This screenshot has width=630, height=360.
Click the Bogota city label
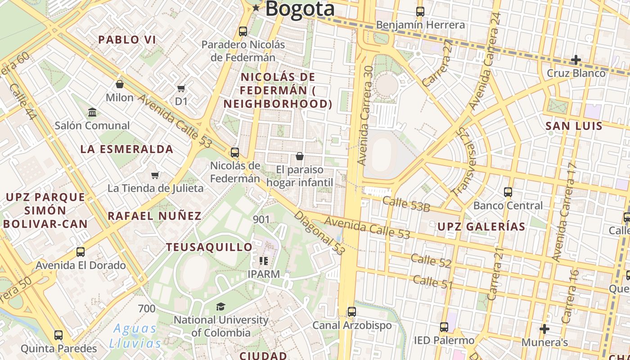300,9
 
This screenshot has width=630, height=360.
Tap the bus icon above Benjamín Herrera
420,12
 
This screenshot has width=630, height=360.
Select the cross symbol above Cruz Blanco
576,59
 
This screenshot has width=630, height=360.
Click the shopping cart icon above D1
181,88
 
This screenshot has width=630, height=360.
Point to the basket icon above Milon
120,84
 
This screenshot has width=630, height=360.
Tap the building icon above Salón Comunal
92,112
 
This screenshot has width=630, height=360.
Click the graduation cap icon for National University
220,307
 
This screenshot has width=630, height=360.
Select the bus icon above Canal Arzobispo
352,312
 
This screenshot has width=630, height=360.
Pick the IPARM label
264,274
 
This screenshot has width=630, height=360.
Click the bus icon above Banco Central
508,192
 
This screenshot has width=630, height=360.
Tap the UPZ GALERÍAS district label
481,227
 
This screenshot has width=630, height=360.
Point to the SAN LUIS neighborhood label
574,126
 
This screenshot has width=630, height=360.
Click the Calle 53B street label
406,204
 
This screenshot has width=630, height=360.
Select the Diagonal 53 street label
319,233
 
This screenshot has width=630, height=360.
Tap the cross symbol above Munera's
544,329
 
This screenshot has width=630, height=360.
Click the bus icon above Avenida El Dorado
81,252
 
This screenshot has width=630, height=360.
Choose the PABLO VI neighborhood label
127,40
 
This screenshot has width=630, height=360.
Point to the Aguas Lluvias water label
135,336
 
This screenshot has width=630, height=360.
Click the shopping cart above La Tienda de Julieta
155,175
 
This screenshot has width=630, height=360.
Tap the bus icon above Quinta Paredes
58,335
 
